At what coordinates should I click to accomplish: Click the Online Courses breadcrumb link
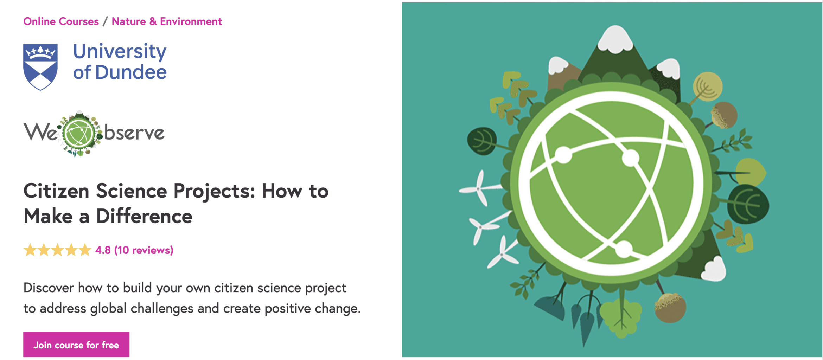[x=61, y=21]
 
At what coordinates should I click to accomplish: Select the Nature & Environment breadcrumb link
[x=167, y=21]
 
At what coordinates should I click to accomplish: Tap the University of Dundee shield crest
[x=40, y=66]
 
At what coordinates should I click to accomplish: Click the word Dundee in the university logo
[x=131, y=72]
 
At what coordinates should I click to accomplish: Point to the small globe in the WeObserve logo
[x=79, y=134]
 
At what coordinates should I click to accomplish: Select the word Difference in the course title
[x=144, y=216]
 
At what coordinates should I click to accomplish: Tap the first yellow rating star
[x=30, y=250]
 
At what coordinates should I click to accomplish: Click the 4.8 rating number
[x=103, y=250]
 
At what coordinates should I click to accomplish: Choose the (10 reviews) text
[x=144, y=250]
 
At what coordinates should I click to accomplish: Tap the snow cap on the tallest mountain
[x=615, y=39]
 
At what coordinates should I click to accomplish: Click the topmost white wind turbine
[x=479, y=189]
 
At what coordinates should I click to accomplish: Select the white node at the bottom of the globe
[x=624, y=249]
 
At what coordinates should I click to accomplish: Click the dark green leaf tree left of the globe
[x=482, y=141]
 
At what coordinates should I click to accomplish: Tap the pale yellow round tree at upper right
[x=708, y=86]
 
